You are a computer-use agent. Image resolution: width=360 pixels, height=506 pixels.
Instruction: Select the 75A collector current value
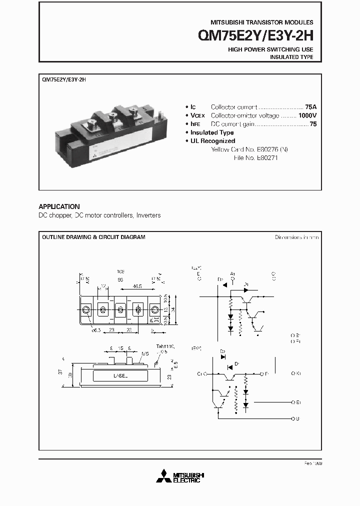point(311,107)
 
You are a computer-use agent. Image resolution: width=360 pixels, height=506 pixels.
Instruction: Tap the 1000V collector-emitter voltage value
point(307,115)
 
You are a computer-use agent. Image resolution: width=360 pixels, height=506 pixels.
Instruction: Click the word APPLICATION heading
point(59,206)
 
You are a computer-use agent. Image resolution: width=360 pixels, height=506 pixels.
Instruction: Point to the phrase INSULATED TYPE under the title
point(291,57)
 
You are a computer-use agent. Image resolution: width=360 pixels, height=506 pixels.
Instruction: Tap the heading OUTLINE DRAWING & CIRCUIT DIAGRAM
point(93,237)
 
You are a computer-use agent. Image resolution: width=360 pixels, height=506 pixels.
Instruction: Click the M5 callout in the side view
point(145,353)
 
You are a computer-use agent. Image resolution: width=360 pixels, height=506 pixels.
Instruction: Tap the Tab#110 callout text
point(163,346)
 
